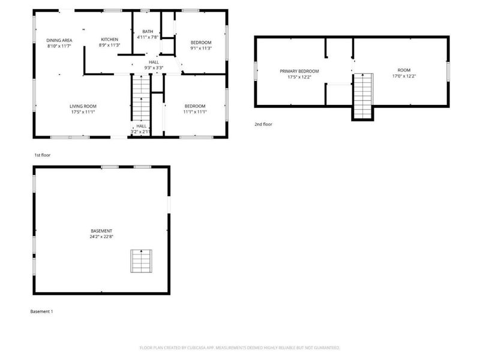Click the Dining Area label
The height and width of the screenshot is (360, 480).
coord(59,40)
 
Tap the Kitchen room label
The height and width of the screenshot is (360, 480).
coord(109,40)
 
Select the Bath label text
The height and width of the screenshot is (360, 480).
coord(147,32)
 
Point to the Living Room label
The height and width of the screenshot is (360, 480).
coord(83,106)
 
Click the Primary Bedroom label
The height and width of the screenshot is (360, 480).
coord(299,71)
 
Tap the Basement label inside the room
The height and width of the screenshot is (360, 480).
coord(101,231)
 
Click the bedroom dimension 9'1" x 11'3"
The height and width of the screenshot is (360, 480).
coord(201,48)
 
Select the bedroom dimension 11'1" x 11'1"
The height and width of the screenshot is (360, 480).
coord(195,112)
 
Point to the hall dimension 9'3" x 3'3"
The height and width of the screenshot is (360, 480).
coord(154,68)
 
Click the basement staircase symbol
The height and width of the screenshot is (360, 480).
coord(141,261)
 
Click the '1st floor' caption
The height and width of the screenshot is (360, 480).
coord(42,155)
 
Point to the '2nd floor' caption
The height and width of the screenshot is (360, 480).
coord(263,124)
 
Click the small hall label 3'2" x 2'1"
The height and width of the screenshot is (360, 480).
coord(142,131)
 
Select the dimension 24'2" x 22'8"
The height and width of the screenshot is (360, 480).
coord(101,236)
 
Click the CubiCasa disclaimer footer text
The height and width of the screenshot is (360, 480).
coord(240,347)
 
